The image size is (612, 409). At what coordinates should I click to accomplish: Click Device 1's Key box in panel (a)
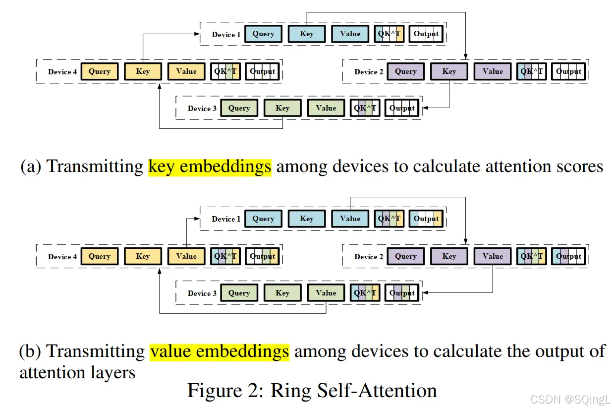click(307, 34)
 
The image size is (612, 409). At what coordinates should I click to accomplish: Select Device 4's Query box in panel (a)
click(100, 71)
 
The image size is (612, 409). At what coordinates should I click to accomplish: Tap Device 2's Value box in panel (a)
click(493, 71)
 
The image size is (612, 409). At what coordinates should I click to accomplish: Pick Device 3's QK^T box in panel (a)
click(365, 108)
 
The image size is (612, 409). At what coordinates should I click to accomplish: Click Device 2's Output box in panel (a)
click(568, 71)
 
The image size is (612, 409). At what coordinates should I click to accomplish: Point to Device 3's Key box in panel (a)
click(282, 108)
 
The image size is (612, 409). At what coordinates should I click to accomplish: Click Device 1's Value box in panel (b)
click(350, 219)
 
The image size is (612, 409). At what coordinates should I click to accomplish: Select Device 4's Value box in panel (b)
click(186, 256)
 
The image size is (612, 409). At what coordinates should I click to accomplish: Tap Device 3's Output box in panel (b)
click(402, 293)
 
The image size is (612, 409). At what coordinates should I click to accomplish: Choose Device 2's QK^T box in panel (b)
click(532, 256)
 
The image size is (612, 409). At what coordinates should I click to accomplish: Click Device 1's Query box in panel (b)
click(263, 219)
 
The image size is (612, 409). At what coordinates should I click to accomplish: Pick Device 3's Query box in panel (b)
click(239, 293)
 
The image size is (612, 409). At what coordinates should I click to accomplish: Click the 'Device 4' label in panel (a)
click(62, 72)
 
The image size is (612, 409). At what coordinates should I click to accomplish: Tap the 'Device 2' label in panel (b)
click(369, 257)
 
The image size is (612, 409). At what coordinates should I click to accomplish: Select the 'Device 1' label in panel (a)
click(226, 35)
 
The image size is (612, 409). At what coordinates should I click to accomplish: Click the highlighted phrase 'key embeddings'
click(210, 167)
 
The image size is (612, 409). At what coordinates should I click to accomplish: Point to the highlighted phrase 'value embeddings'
click(220, 351)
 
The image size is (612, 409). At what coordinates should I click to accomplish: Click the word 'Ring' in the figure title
click(289, 391)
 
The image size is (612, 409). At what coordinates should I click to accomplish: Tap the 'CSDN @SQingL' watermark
click(569, 400)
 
